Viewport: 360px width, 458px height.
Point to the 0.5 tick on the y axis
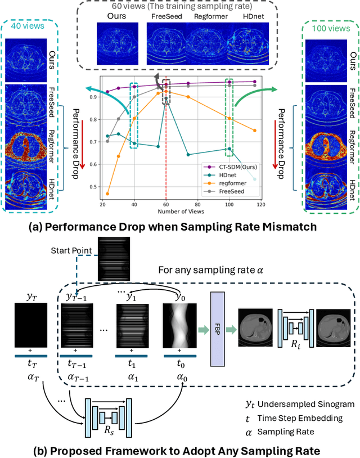(93, 187)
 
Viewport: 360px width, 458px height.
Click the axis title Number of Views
(181, 212)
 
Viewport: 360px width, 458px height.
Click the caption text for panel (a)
(180, 227)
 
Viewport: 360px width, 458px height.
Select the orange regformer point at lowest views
(107, 194)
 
